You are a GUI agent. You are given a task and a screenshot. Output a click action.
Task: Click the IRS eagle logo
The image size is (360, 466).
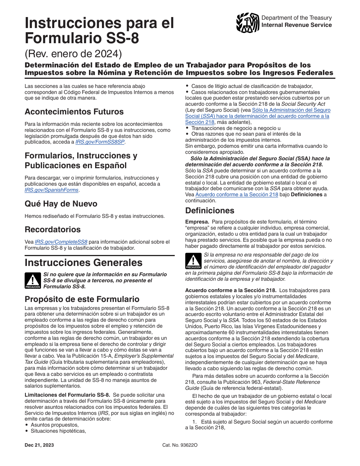[247, 23]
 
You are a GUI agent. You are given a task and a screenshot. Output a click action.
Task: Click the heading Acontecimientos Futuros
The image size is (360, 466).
[74, 112]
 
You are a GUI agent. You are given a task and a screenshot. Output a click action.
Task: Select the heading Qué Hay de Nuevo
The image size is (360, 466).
[61, 204]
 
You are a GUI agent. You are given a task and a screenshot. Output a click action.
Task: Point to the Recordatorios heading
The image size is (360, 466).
[52, 230]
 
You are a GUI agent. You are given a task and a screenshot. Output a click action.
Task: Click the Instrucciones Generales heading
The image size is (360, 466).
[83, 263]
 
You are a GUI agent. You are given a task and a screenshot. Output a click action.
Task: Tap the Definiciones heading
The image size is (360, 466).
[210, 211]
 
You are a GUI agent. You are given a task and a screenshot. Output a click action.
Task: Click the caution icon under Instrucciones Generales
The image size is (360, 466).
[32, 280]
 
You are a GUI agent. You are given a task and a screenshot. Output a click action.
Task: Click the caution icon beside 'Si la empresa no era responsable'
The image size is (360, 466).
[193, 261]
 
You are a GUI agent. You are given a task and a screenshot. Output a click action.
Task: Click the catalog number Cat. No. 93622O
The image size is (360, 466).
[180, 445]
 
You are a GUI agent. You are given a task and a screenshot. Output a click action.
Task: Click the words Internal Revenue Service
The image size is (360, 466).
[296, 25]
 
